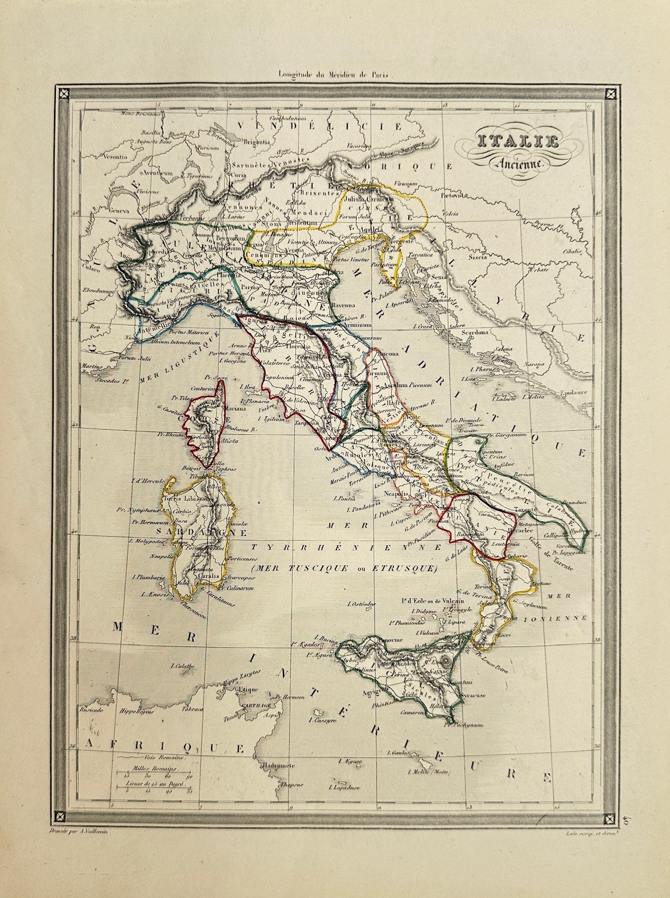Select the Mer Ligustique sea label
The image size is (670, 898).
coord(178,360)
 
